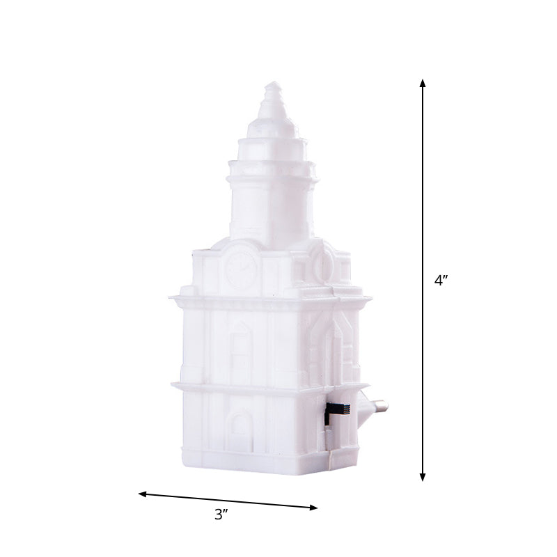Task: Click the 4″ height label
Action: pyautogui.click(x=441, y=281)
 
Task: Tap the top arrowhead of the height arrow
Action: pyautogui.click(x=423, y=83)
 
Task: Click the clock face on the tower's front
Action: pyautogui.click(x=241, y=269)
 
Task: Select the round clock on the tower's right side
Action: pyautogui.click(x=322, y=265)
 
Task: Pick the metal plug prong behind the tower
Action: pyautogui.click(x=379, y=404)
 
